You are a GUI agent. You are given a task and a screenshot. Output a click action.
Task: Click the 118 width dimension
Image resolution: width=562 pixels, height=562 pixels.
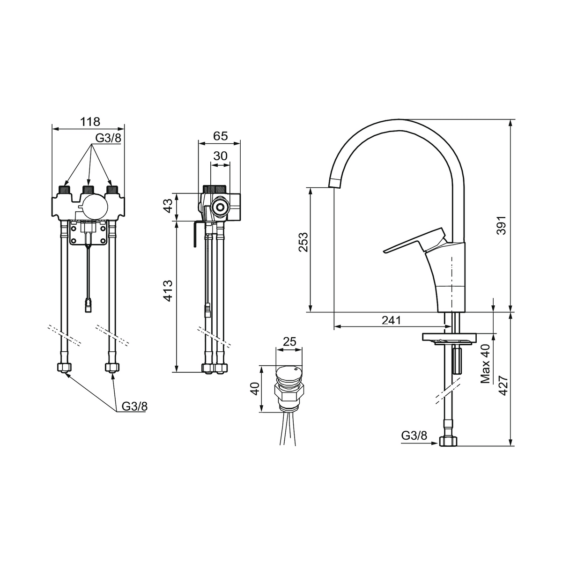[x=90, y=121]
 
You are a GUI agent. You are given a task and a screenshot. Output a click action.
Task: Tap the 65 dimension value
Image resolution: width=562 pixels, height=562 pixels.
[x=220, y=136]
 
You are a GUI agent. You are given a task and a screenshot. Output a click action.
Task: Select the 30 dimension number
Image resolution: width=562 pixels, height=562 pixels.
[x=220, y=156]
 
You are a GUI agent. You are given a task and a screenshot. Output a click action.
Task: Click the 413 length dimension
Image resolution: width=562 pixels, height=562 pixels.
[x=168, y=290]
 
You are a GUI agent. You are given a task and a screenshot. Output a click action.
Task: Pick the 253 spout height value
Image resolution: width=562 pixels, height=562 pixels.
[x=303, y=242]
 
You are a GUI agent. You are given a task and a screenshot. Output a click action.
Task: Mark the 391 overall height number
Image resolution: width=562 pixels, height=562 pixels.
[x=501, y=225]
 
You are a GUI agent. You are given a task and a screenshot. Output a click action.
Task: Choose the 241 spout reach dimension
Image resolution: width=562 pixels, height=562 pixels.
[x=392, y=320]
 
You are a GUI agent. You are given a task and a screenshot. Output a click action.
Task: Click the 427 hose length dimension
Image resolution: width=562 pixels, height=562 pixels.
[x=503, y=386]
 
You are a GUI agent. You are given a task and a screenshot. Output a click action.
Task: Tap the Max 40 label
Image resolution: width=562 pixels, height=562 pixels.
[x=485, y=364]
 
